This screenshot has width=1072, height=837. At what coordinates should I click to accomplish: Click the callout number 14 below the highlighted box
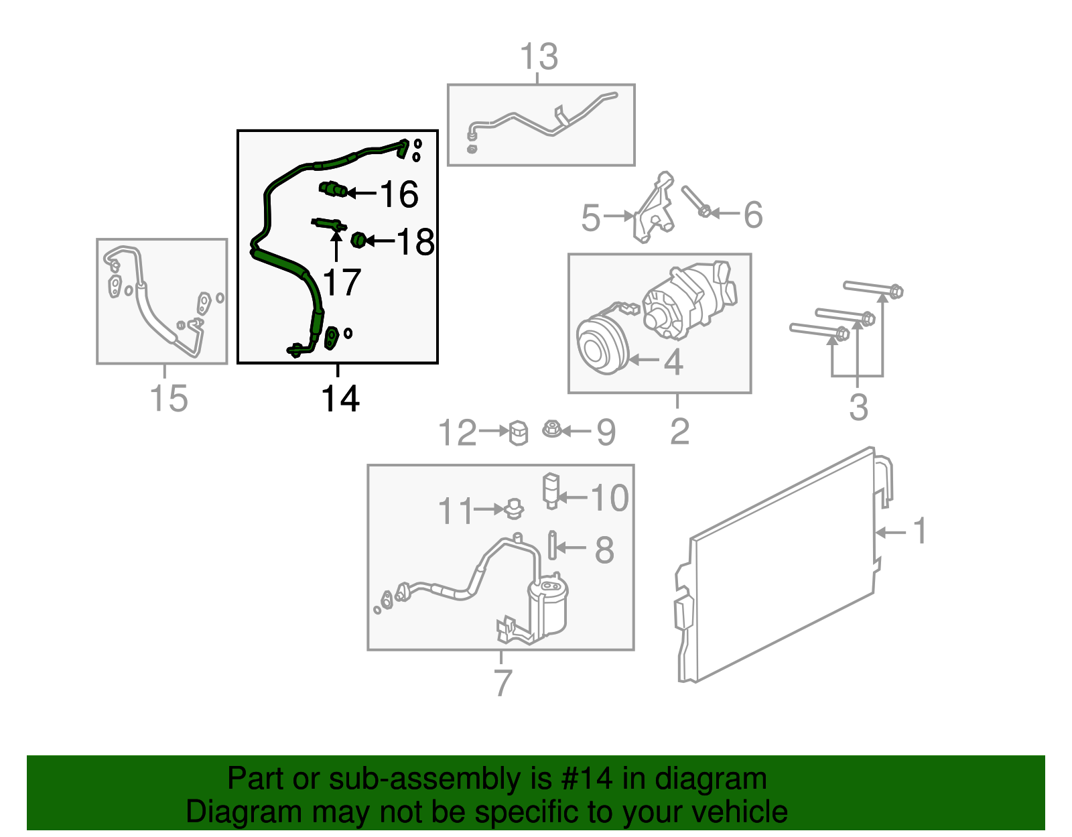coord(340,399)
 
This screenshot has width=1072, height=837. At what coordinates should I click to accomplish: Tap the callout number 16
coord(399,194)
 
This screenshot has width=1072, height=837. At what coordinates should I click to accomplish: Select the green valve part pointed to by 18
coord(358,240)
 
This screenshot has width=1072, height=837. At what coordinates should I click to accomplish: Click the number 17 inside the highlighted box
coord(342,282)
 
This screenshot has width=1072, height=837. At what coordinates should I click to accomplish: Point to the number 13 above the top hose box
coord(539,57)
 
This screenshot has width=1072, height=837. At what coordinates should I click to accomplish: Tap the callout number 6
coord(753,214)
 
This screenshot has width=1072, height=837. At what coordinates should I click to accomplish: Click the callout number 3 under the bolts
coord(858,407)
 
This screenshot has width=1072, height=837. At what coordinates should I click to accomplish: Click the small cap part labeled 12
coord(519,432)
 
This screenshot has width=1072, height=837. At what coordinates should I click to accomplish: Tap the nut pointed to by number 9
coord(551,428)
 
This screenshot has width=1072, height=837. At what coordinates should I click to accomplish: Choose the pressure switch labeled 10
coord(550,491)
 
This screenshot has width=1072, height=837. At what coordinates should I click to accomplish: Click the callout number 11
coord(456,511)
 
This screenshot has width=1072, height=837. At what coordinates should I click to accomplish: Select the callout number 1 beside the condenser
coord(920,531)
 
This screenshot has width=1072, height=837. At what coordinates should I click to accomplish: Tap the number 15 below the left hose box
coord(168,399)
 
